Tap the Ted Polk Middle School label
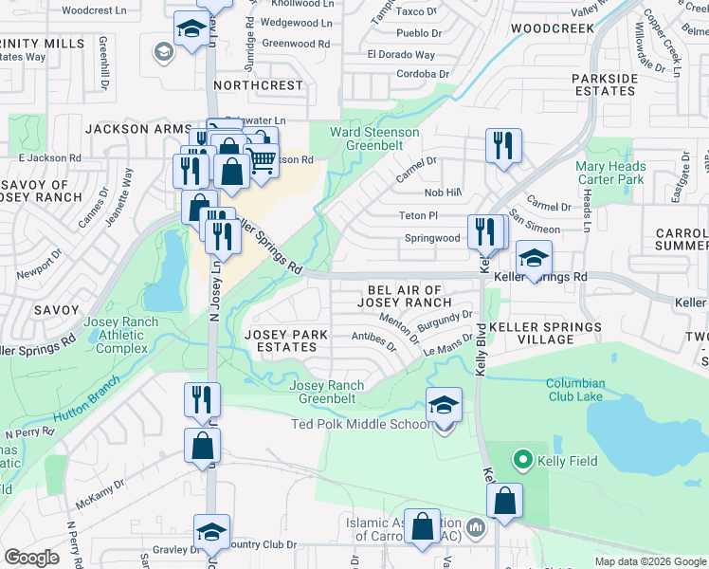[x=360, y=424]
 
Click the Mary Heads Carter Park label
[x=610, y=173]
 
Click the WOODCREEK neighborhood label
[x=552, y=29]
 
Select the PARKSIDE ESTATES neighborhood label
[x=604, y=84]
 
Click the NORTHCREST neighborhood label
[x=258, y=85]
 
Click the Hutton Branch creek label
[x=85, y=399]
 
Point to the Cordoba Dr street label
[x=409, y=74]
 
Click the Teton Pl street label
[x=419, y=216]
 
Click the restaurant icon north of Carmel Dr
[x=501, y=145]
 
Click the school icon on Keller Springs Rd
[x=534, y=258]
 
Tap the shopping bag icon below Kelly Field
[x=506, y=501]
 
